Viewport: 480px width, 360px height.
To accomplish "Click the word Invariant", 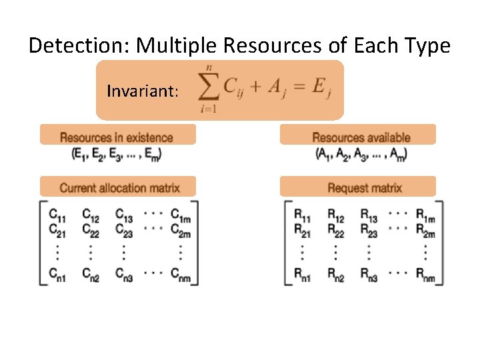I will click(143, 90).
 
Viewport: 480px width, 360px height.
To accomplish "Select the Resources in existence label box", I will click(117, 137).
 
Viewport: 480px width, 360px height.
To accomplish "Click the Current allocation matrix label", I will click(119, 187).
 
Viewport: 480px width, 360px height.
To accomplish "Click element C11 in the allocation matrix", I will click(57, 215).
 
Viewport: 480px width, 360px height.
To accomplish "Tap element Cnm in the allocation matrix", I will click(181, 275).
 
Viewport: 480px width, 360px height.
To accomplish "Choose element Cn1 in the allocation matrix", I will click(57, 275).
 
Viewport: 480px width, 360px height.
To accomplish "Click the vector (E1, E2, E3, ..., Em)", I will click(117, 154).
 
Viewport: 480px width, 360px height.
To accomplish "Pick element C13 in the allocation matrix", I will click(124, 215).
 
